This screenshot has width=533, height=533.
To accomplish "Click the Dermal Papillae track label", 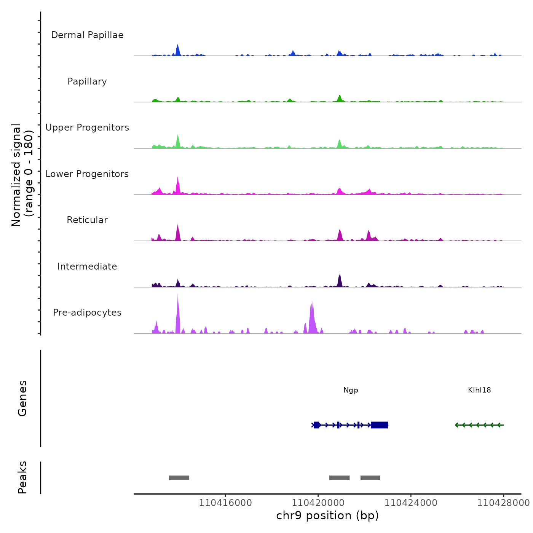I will coord(87,35).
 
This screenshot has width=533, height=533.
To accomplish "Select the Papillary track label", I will coord(87,81).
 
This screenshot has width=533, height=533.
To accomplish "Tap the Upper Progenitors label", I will coord(87,128).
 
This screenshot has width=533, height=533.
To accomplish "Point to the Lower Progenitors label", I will coord(87,174).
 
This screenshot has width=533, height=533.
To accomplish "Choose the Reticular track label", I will coord(87,220).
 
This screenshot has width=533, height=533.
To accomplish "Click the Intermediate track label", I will coord(87,266).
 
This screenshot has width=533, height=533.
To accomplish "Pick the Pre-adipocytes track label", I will coord(87,313).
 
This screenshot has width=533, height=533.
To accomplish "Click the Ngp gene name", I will coord(351,390).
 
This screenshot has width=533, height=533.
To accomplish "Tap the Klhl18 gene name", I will coord(479,390).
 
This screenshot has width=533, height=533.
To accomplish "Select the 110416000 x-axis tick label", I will coord(225,503).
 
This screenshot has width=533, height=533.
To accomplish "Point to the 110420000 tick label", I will coord(318,503).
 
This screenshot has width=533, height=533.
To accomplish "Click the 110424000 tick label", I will coord(411,503).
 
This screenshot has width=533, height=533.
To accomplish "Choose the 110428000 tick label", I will coord(503,503).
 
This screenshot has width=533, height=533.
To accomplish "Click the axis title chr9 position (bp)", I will coord(327,515).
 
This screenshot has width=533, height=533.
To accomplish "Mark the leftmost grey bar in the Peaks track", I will coord(179,478).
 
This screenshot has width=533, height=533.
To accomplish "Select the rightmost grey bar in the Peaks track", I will coord(370,478).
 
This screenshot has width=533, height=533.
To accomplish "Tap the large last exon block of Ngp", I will coord(379,425).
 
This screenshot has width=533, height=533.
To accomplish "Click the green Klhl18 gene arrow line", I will coord(479,425).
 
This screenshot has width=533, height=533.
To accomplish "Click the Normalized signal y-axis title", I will coord(22,175).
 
